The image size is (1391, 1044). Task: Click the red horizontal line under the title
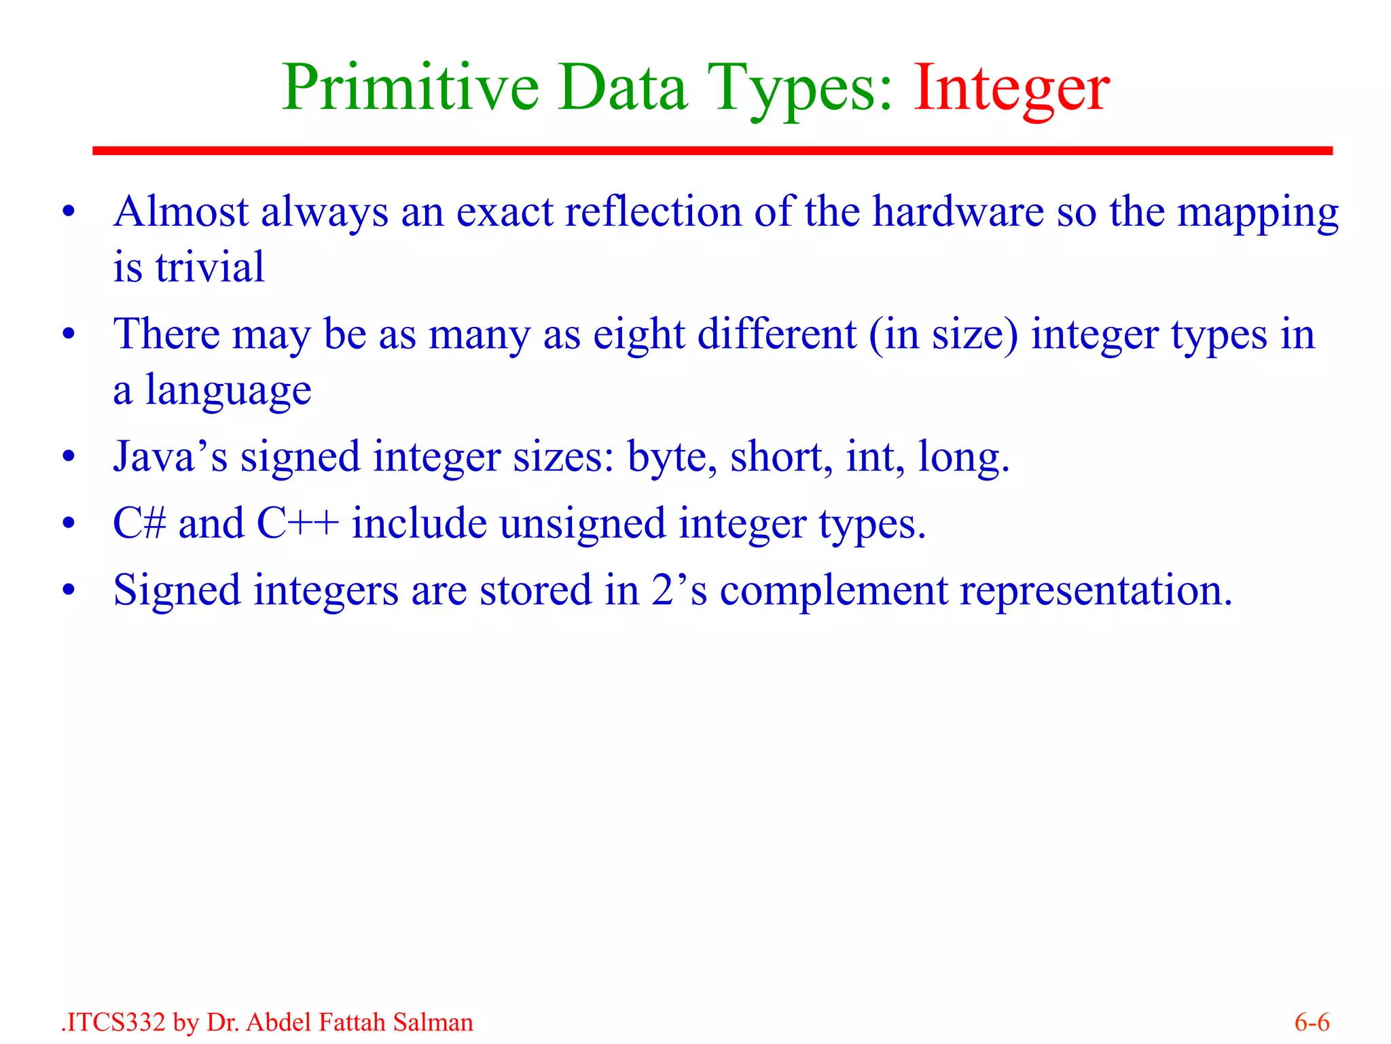coord(712,151)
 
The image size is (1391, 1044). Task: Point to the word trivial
coord(209,267)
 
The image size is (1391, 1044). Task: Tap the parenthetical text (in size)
coord(943,335)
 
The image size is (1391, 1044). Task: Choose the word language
coord(228,391)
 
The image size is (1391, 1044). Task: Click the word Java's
coord(170,456)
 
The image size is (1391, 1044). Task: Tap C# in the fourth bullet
coord(139,523)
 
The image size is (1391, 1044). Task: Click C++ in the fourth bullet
coord(297,523)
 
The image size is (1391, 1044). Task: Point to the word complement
coord(833,590)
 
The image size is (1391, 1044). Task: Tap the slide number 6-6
coord(1312,1022)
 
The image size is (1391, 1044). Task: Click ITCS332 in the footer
coord(115,1022)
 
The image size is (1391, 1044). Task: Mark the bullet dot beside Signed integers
coord(68,591)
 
